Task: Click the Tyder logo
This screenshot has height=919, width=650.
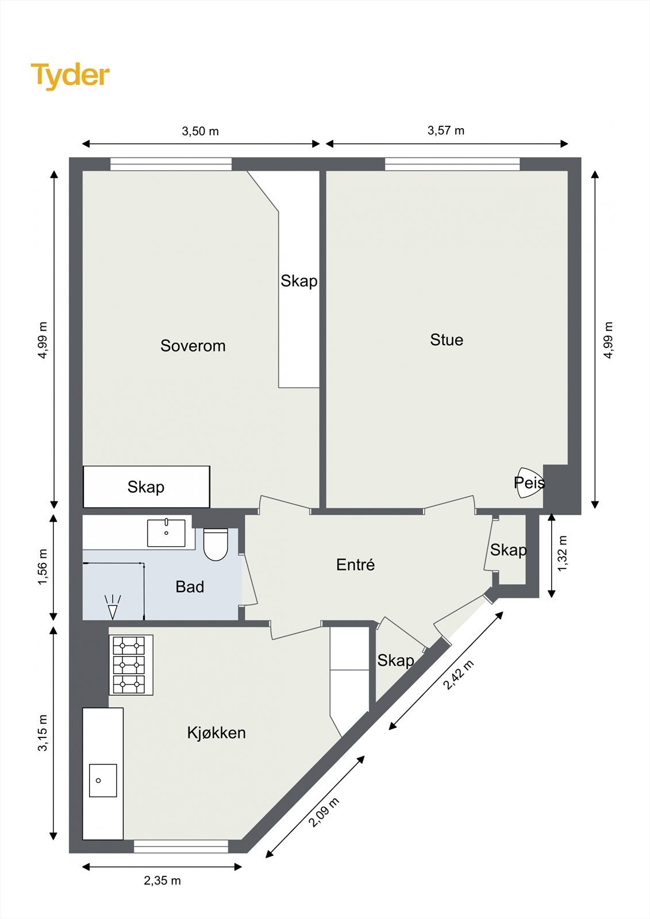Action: [70, 76]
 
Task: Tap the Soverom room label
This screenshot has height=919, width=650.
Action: [193, 346]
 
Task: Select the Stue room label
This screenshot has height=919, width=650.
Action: [447, 339]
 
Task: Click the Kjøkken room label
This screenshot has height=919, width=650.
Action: [217, 732]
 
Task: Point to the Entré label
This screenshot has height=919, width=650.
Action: [356, 565]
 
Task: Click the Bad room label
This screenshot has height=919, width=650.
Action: [190, 586]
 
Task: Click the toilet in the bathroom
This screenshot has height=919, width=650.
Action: [216, 545]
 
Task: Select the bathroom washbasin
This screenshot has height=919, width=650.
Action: [166, 532]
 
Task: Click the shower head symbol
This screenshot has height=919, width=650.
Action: [113, 606]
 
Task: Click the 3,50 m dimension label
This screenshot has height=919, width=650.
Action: [201, 132]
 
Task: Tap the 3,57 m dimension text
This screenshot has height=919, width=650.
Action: [446, 130]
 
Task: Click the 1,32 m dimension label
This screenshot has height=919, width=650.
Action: [563, 553]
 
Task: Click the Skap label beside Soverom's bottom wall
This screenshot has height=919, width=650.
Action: [146, 487]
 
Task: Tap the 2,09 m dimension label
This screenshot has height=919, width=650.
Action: [324, 812]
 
